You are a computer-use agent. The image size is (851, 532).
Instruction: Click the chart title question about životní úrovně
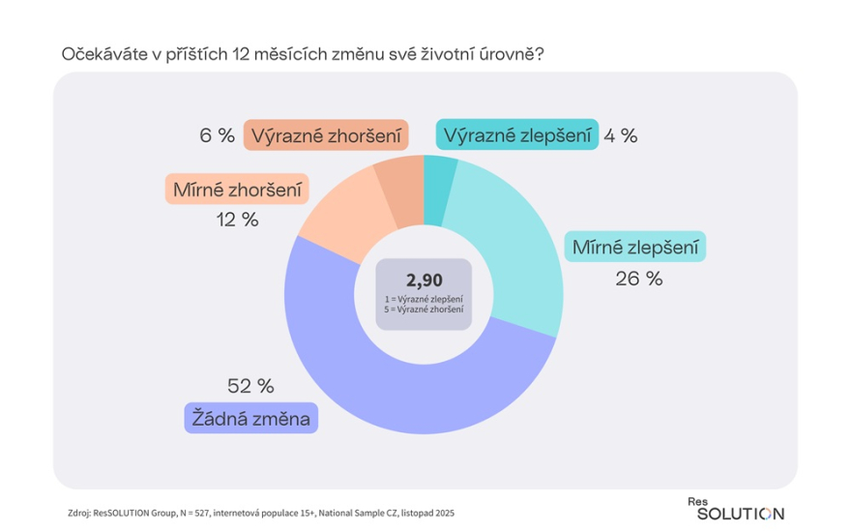coord(302,54)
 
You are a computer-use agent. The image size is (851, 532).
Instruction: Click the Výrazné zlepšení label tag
coord(515,135)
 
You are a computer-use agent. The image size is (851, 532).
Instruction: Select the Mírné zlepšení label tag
coord(635,247)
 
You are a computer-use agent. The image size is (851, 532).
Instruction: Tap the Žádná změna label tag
coord(249,419)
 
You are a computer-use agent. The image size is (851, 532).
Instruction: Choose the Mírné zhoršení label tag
coord(236,189)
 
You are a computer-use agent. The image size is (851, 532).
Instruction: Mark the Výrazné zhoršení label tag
coord(325,135)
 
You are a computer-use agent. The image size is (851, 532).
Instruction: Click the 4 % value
coord(620,135)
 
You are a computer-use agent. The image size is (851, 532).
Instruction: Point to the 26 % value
coord(638,279)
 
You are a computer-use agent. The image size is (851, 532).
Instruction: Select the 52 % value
coord(250,386)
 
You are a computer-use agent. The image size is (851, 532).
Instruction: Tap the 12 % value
coord(236,220)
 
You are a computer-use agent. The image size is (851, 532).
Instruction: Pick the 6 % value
coord(218,135)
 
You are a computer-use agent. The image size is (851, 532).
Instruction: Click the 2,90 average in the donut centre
coord(424,281)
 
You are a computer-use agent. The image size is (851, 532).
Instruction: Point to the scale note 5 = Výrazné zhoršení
coord(424,310)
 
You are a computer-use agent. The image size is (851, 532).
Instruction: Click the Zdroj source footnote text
coord(262,513)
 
